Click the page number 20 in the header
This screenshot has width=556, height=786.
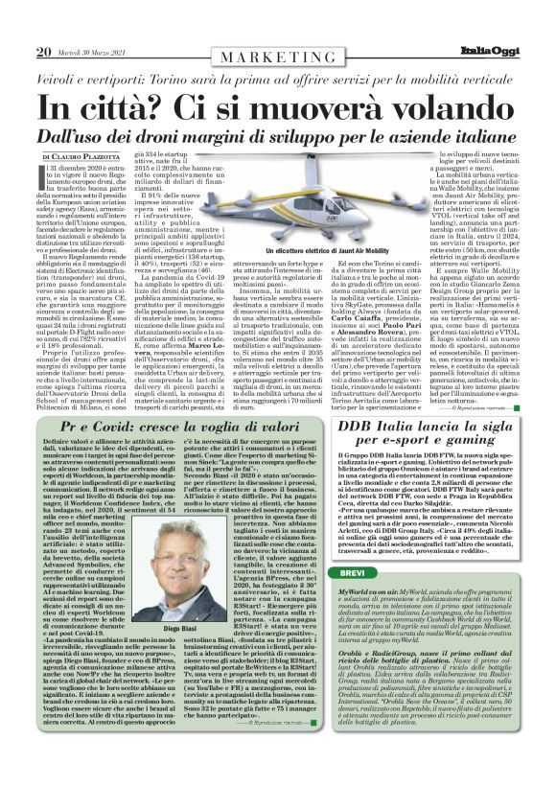[x=42, y=51]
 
